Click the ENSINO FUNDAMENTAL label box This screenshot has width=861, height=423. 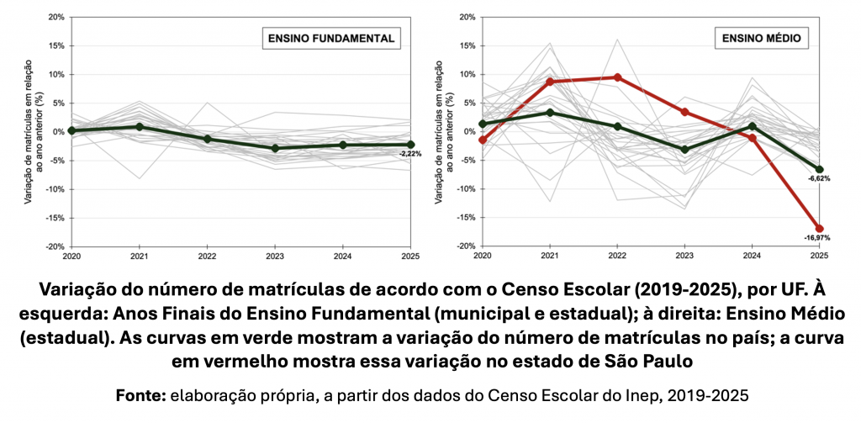330,38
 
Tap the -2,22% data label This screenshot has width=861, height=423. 410,154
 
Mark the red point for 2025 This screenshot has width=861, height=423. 819,229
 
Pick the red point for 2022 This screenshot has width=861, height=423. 617,77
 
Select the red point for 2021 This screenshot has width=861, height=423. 550,82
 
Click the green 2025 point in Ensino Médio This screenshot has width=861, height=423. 819,170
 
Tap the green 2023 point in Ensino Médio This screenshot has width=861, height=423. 684,150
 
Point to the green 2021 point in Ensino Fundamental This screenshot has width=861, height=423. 139,127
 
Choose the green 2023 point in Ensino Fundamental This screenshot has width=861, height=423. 275,148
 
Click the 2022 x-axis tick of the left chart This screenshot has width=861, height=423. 207,256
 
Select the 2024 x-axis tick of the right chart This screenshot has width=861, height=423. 752,256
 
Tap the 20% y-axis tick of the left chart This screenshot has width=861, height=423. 56,17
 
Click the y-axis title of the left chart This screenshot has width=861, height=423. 32,131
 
